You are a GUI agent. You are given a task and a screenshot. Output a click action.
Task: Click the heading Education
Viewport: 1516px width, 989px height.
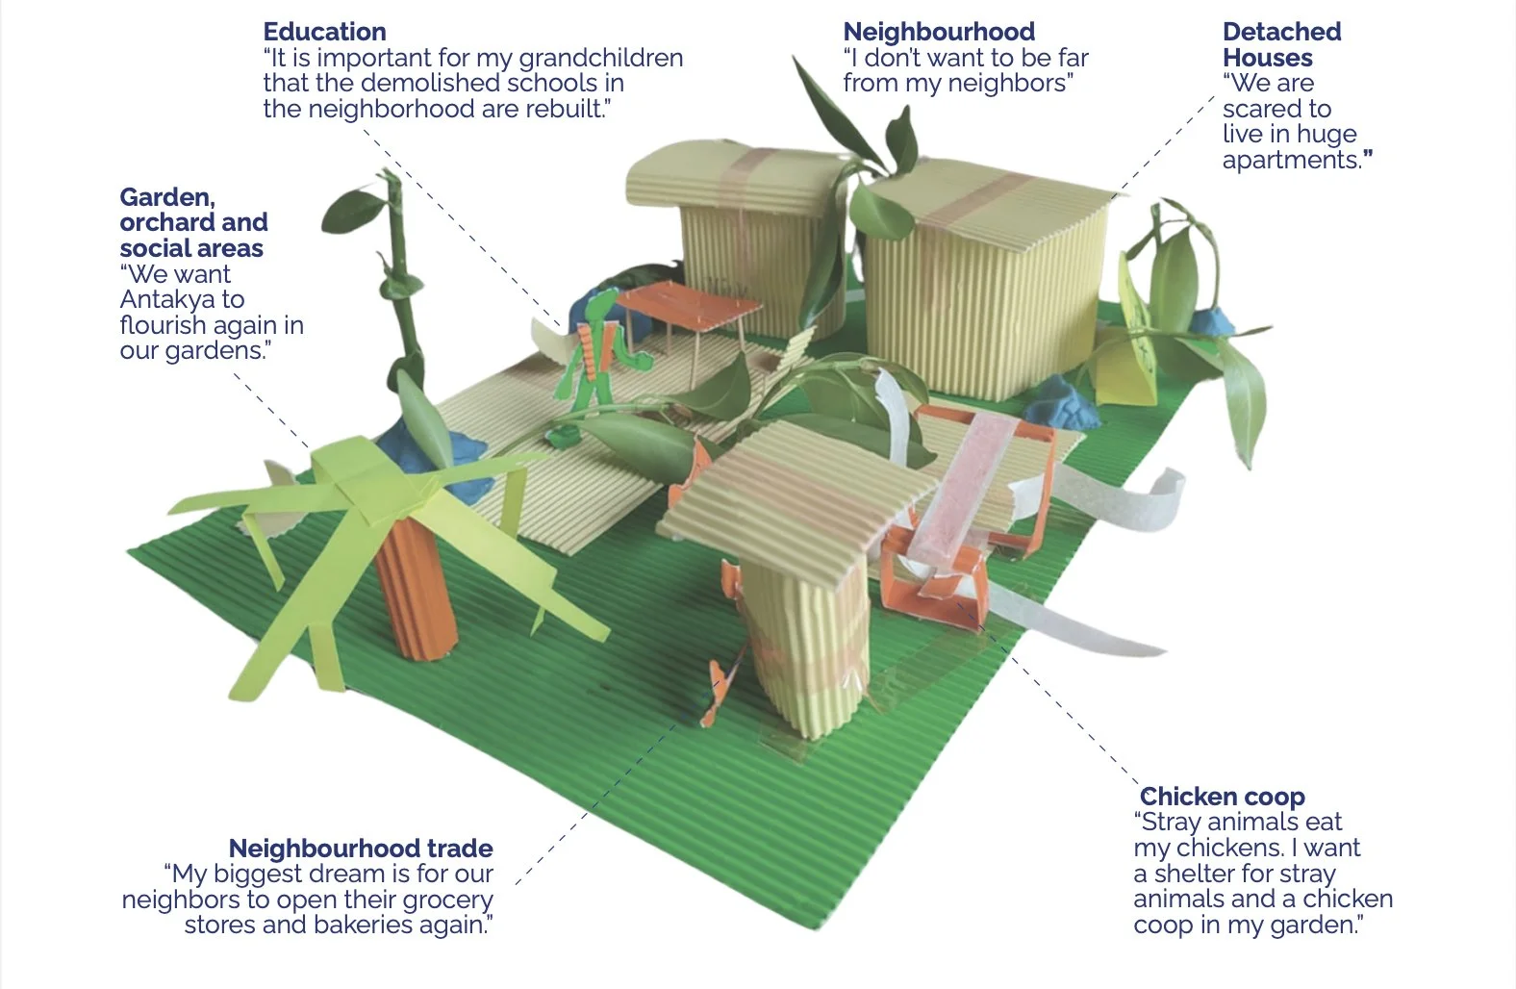coord(324,32)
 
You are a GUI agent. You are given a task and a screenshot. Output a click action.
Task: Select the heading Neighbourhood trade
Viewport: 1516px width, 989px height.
coord(361,849)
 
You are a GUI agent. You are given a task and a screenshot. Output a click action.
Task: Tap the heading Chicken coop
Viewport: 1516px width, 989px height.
coord(1222,797)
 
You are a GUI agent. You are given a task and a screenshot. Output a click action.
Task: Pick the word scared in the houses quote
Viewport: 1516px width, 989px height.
coord(1263,109)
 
